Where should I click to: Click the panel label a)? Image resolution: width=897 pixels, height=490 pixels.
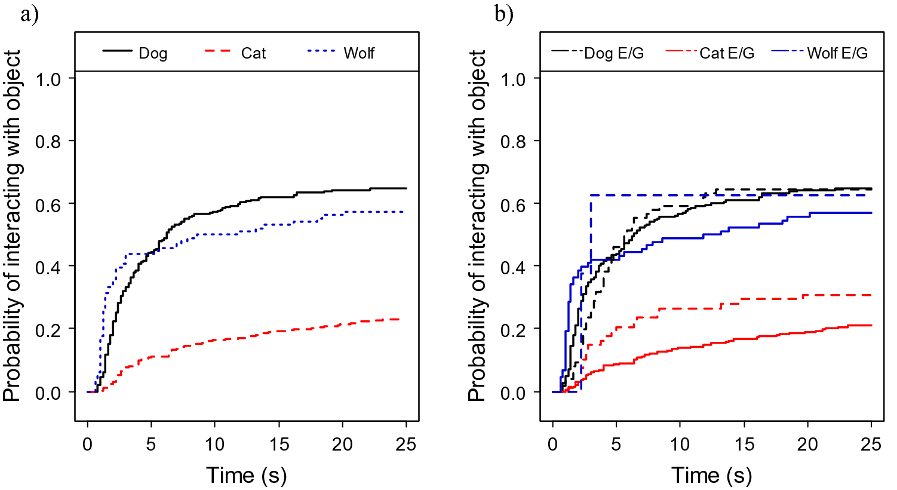pos(29,13)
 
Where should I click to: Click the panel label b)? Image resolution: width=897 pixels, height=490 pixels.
pos(503,13)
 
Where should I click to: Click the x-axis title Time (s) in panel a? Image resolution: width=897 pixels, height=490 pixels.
pos(246,476)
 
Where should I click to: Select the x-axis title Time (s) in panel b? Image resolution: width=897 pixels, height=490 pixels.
pos(711,476)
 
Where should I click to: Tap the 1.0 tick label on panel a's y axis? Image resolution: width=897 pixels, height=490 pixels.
pos(48,79)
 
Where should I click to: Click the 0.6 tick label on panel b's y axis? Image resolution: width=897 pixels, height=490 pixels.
pos(513,204)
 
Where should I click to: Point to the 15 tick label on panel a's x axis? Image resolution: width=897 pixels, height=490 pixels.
pos(278,445)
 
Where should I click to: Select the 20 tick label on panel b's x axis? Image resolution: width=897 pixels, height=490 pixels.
pos(807,445)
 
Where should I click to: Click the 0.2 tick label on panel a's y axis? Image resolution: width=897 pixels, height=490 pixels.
pos(48,329)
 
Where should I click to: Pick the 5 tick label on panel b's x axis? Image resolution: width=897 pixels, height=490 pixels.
pos(616,445)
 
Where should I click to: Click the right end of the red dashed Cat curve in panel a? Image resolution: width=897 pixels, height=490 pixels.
pos(398,320)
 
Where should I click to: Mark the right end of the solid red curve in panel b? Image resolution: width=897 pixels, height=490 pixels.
pos(871,325)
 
